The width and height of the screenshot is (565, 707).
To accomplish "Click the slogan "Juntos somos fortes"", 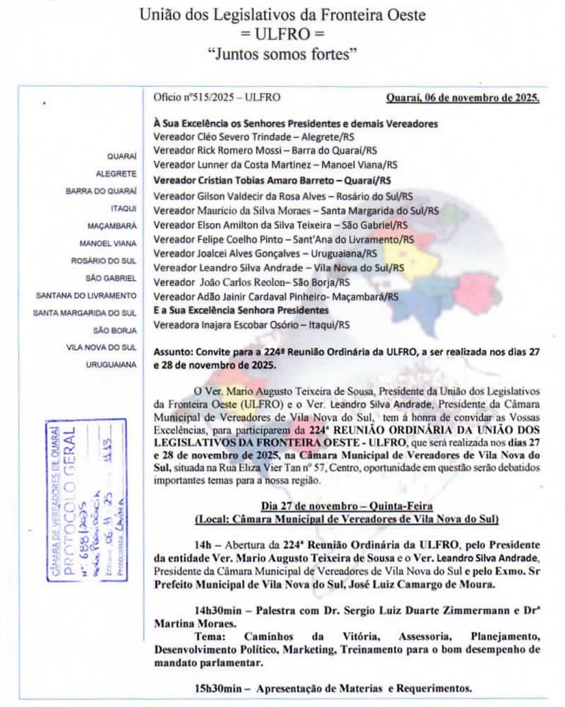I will tap(282, 52).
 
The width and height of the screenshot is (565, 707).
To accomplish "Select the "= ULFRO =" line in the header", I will tap(282, 33).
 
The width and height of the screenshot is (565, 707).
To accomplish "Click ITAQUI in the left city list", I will tap(123, 208).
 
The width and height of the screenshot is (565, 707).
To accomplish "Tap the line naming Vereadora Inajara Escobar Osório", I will tap(251, 324).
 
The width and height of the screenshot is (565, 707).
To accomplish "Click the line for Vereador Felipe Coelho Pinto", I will tap(284, 239).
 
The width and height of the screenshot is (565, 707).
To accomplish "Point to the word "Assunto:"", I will tap(172, 351).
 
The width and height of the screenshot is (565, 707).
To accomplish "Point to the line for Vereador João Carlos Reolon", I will tap(251, 282).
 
